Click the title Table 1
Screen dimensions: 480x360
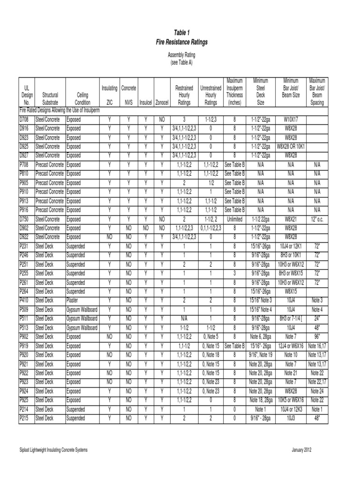point(181,32)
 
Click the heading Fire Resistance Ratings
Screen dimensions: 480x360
point(181,42)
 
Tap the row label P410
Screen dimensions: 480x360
point(24,300)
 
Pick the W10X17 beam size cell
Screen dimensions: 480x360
point(291,120)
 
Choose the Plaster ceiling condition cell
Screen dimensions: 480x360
point(73,300)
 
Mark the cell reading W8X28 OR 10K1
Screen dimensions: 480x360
point(291,147)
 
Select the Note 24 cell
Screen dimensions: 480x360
point(317,391)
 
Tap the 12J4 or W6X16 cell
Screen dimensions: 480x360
point(291,345)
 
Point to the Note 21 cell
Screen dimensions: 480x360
point(291,373)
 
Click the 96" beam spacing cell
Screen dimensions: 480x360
point(317,336)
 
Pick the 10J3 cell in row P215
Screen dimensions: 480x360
point(291,418)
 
